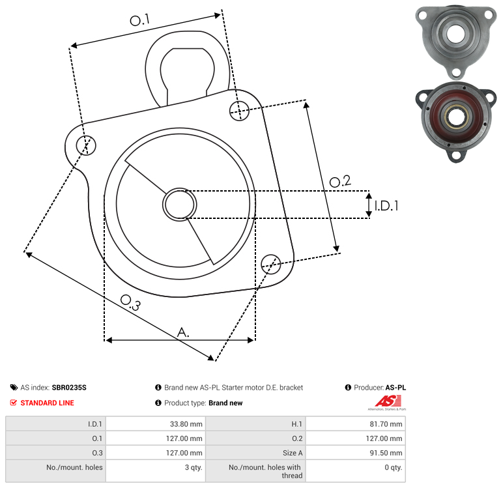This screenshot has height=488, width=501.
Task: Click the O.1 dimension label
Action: coord(139,21)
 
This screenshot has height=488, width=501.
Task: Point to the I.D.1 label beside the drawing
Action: coord(386,206)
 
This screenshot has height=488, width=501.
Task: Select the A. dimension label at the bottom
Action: coord(184,332)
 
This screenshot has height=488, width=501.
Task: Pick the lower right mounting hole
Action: coord(271,264)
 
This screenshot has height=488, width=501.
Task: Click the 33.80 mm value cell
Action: coord(186,424)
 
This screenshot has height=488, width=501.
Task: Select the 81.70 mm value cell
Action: coord(386,424)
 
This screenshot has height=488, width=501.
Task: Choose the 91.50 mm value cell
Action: coord(386,453)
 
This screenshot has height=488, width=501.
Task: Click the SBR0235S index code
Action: coord(69,388)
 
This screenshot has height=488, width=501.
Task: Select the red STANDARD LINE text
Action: coord(47,403)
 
